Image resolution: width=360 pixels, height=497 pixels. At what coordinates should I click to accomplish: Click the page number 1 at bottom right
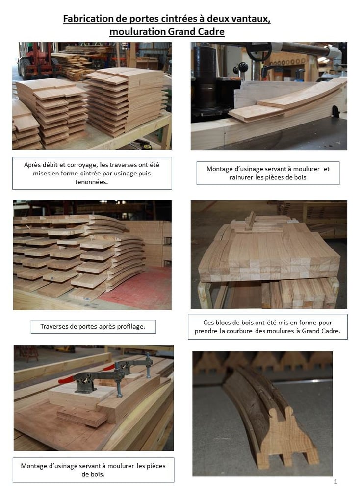pos(336,482)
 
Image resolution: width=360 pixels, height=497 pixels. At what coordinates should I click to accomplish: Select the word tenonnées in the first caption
pos(91,182)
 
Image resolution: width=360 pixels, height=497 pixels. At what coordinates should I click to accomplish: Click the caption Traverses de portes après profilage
pos(93,326)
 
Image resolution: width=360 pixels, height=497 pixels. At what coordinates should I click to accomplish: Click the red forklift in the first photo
pos(36,62)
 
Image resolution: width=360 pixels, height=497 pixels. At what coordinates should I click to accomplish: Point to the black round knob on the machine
pos(243,67)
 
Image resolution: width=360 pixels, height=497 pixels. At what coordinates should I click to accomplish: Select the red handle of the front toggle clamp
pos(66,379)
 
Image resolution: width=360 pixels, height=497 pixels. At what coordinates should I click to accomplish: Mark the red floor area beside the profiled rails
pos(140,287)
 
